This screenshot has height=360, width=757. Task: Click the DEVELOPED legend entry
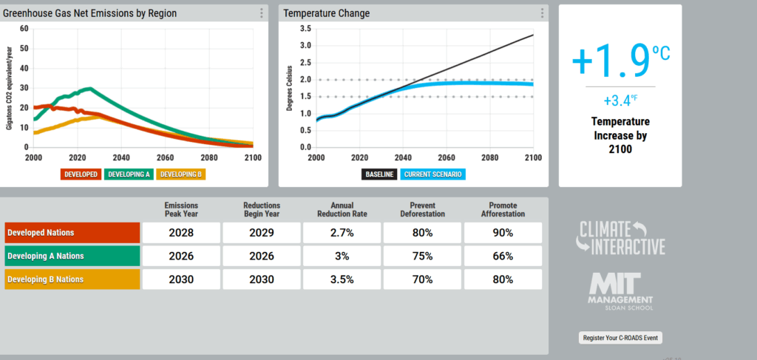(81, 174)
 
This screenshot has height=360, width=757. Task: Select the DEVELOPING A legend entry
(129, 174)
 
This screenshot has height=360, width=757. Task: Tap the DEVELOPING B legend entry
(181, 174)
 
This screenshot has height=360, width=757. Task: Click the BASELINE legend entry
(379, 174)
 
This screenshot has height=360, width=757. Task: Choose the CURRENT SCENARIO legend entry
(433, 174)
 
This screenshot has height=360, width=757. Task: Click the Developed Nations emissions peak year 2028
(180, 232)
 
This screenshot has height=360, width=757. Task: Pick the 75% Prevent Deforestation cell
(422, 256)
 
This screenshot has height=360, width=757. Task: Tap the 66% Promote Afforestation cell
(503, 256)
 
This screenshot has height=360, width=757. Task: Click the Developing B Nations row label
(72, 279)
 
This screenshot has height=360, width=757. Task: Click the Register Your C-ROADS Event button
(620, 337)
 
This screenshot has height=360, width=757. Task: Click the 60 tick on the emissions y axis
(24, 29)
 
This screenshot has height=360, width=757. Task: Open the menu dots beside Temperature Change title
(542, 13)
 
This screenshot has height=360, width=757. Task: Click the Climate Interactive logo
(621, 237)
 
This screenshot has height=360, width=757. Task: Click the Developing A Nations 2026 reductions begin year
(261, 256)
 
